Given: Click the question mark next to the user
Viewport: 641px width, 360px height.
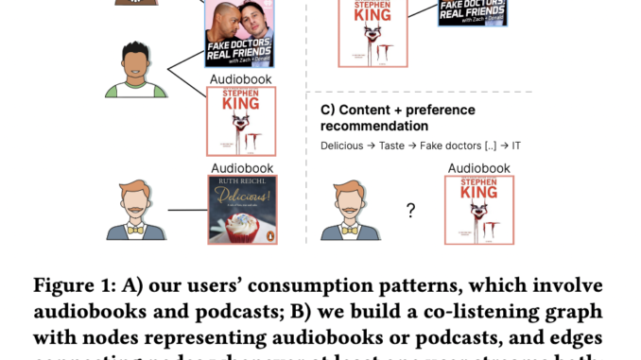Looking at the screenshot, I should coord(410,210).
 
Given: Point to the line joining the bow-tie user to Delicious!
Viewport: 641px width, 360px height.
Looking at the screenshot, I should coord(186,211).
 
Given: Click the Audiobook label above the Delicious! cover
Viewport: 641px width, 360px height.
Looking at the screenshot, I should coord(241,168).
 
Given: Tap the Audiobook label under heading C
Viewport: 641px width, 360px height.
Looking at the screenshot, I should coord(478,168).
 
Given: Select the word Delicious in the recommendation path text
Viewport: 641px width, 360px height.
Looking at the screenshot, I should coord(340,146).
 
